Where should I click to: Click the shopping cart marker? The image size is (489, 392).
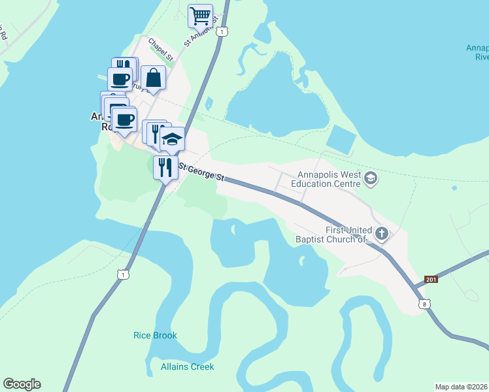[x=200, y=15]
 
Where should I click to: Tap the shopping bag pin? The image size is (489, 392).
[x=153, y=79]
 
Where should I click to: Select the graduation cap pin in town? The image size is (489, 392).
[x=172, y=139]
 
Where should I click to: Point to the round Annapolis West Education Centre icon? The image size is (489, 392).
[x=371, y=178]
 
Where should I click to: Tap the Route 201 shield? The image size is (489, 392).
[x=430, y=280]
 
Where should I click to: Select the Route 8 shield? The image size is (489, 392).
[x=426, y=304]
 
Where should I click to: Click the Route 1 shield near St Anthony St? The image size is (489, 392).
[x=224, y=31]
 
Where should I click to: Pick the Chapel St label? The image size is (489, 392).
[x=160, y=50]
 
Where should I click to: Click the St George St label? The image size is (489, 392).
[x=202, y=173]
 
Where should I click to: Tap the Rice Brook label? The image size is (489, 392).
[x=155, y=335]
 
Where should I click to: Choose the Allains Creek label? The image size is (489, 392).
[x=188, y=367]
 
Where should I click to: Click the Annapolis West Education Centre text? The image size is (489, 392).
[x=325, y=179]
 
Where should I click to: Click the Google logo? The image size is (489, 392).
[x=22, y=384]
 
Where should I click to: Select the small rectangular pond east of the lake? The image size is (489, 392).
[x=341, y=139]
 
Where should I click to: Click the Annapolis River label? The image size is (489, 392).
[x=478, y=52]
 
